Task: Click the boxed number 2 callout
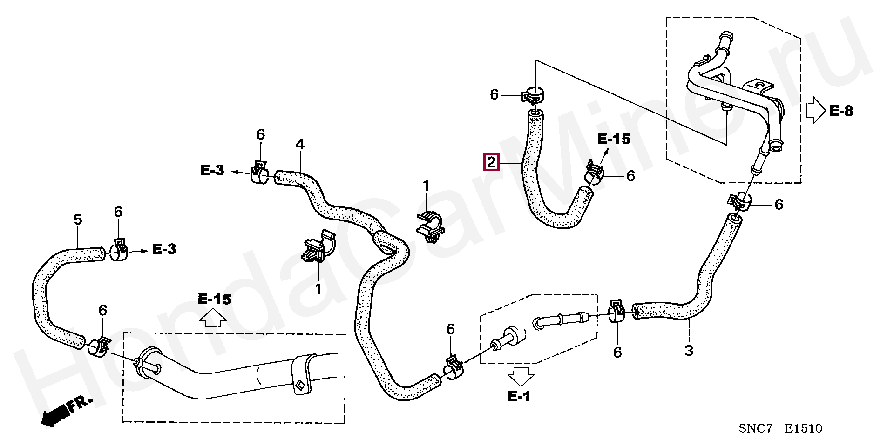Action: click(x=491, y=163)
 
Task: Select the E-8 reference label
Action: click(x=841, y=111)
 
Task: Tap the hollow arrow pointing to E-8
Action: click(x=816, y=111)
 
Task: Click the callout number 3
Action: click(x=689, y=351)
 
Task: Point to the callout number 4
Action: click(x=300, y=144)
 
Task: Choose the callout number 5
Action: click(x=78, y=219)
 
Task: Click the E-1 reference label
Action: click(x=519, y=396)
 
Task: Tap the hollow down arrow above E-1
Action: click(x=521, y=376)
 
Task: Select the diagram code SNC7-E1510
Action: click(x=780, y=428)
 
